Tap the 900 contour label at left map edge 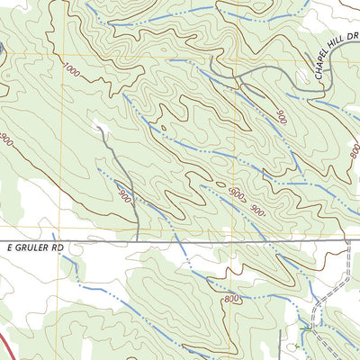(7, 140)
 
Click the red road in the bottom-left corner (4, 346)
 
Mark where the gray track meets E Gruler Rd (135, 241)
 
